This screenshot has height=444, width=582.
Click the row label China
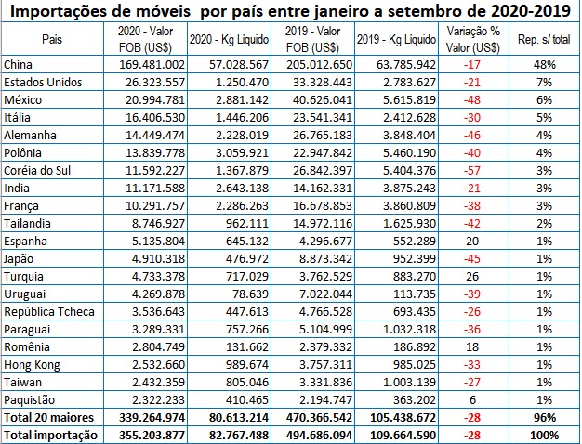tap(20, 65)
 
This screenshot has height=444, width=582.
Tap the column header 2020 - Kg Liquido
tap(227, 40)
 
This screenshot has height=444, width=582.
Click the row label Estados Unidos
tap(43, 82)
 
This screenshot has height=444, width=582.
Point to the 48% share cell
tap(545, 65)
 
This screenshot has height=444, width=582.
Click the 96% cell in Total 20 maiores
tap(545, 417)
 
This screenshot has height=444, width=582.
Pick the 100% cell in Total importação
tap(545, 435)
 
